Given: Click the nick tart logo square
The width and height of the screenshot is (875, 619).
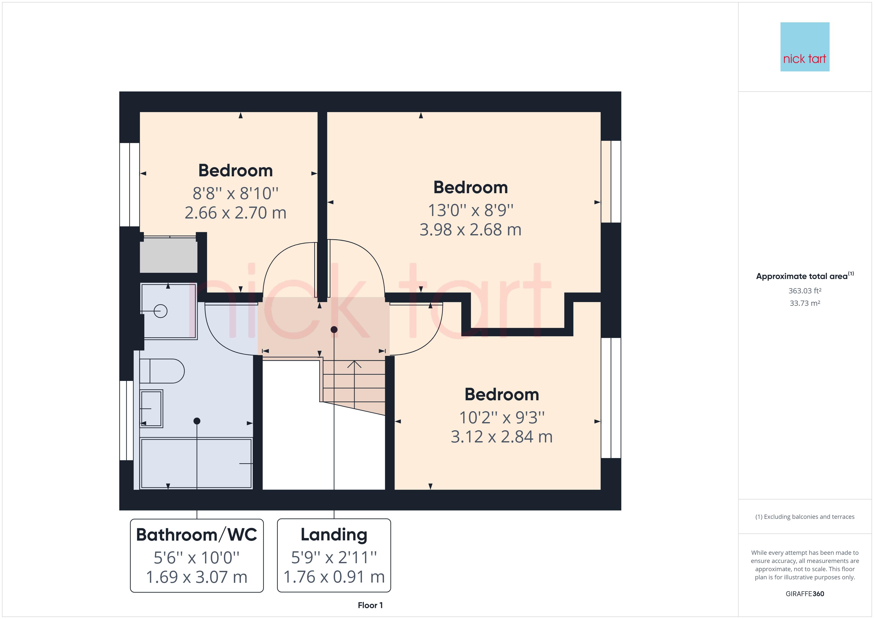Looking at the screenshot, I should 805,47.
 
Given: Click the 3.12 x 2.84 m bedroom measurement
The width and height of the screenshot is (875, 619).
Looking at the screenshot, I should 501,437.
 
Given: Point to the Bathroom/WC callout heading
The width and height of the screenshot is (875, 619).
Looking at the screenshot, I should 197,534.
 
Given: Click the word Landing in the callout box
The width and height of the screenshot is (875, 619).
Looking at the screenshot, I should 334,534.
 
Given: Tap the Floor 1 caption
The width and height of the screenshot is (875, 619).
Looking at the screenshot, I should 370,605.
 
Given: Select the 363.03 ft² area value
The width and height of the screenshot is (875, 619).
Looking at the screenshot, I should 805,291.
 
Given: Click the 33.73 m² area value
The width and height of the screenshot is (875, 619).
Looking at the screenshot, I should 805,303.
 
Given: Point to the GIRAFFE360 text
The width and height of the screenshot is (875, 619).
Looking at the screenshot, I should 805,594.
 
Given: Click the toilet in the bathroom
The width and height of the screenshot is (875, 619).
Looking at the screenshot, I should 162,371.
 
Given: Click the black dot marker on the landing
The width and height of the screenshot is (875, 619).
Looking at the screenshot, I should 334,330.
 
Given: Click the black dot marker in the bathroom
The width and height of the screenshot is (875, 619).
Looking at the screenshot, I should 197,421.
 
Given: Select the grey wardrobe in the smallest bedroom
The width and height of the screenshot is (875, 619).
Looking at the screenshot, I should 168,255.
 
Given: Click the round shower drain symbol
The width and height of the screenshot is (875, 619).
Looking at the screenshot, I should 161,311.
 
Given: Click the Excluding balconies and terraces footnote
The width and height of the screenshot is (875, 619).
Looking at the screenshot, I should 805,517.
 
